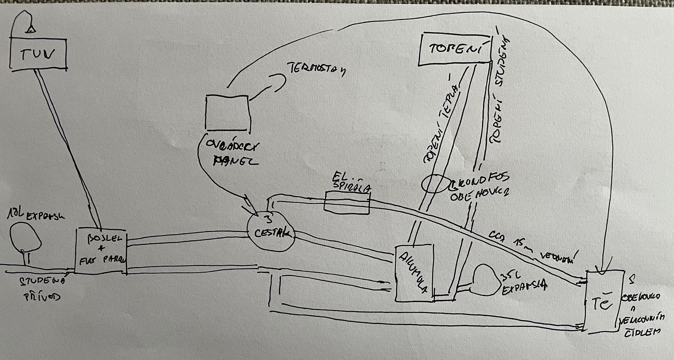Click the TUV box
(x=38, y=55)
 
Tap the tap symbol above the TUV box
(x=30, y=30)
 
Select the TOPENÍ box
(x=455, y=49)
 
